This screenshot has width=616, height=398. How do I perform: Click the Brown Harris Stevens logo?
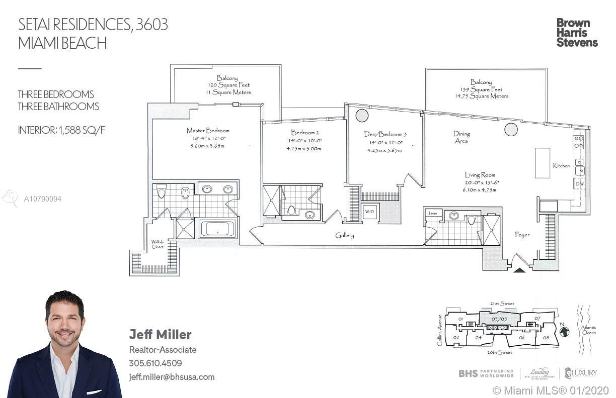(x=577, y=33)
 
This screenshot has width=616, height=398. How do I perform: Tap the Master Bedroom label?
(x=208, y=131)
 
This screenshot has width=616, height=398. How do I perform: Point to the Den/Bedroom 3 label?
(x=385, y=134)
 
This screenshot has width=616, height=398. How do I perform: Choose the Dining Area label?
(x=461, y=137)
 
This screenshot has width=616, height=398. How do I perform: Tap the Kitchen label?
(x=561, y=165)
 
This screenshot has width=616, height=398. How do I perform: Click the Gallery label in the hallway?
(x=345, y=235)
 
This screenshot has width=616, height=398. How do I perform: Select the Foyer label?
(x=522, y=235)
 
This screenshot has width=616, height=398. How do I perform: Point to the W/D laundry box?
(x=369, y=212)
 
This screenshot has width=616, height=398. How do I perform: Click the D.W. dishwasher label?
(x=579, y=183)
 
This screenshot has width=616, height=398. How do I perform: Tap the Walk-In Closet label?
(x=158, y=244)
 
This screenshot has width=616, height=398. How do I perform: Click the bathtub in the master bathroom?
(x=217, y=229)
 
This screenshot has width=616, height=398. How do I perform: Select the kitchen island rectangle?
(x=542, y=162)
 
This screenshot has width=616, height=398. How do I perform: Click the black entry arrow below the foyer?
(x=519, y=270)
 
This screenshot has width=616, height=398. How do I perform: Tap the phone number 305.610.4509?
(x=156, y=363)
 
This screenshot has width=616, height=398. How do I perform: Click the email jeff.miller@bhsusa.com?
(x=172, y=377)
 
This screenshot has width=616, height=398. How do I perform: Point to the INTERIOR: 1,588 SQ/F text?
(x=62, y=130)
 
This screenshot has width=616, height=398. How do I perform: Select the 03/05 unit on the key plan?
(x=499, y=319)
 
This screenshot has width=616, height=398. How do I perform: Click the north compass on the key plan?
(x=565, y=331)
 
